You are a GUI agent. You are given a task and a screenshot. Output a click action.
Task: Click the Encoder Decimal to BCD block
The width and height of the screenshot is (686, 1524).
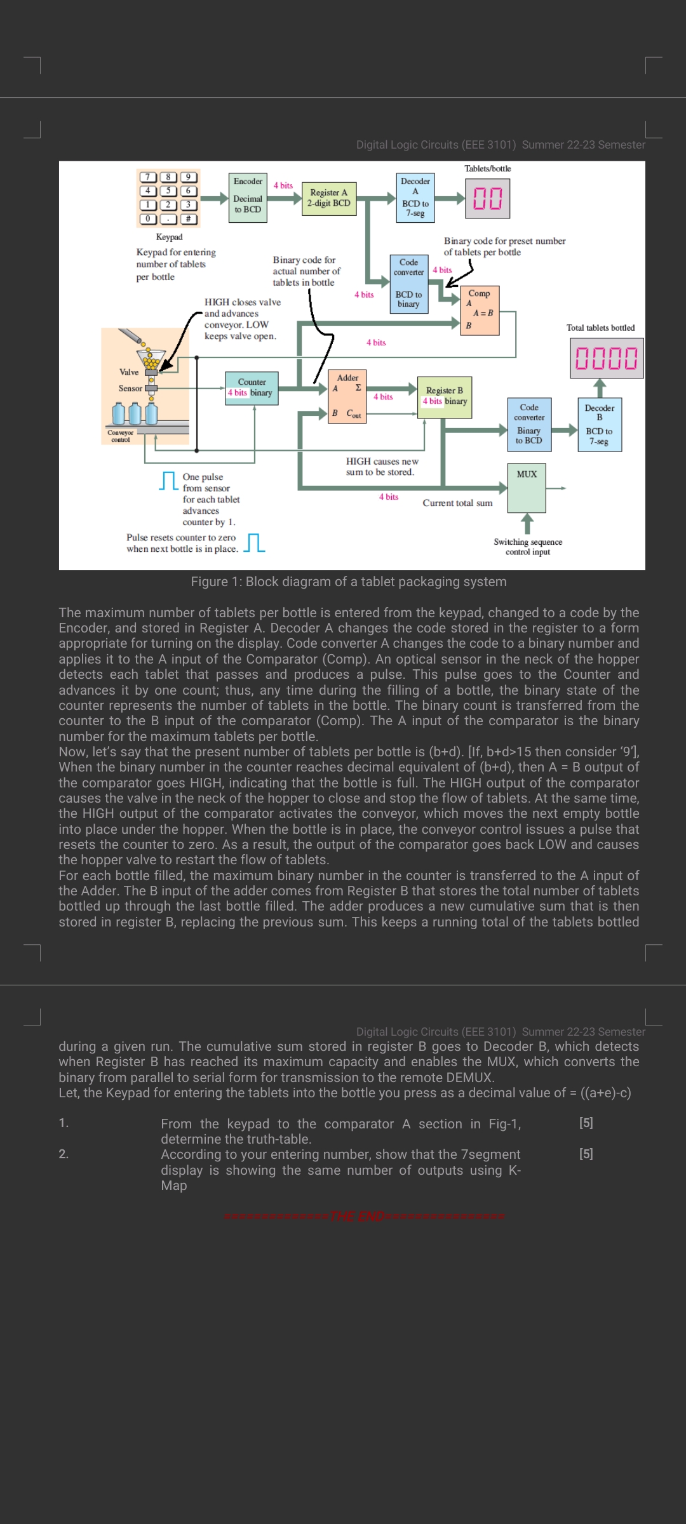[x=248, y=197]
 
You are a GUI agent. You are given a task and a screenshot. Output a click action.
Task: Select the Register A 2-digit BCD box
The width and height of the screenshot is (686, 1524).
[x=328, y=198]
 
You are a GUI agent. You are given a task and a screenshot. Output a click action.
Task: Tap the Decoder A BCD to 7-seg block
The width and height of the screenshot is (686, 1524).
[x=415, y=197]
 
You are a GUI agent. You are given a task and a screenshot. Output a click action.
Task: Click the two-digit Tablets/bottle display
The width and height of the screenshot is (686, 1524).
[x=487, y=198]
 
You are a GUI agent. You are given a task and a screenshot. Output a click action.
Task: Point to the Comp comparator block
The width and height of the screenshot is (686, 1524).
[x=481, y=311]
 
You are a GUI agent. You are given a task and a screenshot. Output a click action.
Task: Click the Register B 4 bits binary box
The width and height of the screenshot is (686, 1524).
[x=445, y=398]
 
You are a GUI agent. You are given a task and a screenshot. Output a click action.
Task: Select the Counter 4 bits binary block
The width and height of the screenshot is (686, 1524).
[x=252, y=388]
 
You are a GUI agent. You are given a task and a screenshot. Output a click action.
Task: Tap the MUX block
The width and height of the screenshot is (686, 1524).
[x=527, y=488]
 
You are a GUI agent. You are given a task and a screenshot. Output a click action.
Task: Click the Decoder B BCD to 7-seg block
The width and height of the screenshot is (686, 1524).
[x=599, y=425]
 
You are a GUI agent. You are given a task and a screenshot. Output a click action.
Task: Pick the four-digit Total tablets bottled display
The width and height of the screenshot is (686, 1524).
[x=606, y=358]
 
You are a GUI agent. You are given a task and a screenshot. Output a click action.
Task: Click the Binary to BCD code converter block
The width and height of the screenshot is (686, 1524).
[x=529, y=425]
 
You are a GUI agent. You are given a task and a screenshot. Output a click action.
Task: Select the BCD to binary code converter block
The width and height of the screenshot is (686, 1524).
[x=408, y=284]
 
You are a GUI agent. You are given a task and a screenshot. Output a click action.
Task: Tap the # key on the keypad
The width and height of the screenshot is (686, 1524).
[x=188, y=219]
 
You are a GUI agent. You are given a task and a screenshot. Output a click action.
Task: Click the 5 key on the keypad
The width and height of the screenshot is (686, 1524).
[x=168, y=190]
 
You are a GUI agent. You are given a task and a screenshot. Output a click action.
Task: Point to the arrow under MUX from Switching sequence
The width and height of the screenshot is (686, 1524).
[x=527, y=524]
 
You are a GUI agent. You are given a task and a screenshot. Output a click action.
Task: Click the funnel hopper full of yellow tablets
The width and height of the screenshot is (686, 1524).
[x=151, y=359]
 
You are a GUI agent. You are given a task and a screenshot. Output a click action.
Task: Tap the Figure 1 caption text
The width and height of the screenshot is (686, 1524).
[x=349, y=582]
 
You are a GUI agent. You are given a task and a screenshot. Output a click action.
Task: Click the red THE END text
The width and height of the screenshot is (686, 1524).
[x=365, y=1216]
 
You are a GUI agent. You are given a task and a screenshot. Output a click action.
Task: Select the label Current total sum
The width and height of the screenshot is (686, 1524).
[x=457, y=503]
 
